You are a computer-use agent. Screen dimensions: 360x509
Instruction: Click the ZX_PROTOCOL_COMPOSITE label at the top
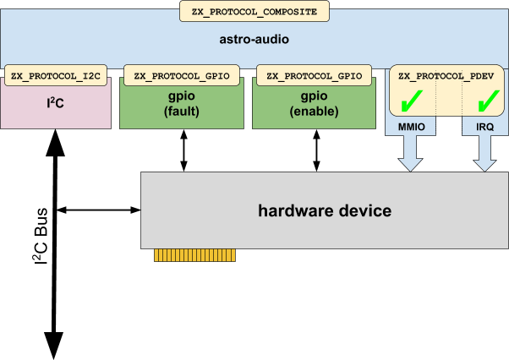(254, 12)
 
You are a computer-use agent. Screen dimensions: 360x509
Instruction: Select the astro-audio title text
(254, 40)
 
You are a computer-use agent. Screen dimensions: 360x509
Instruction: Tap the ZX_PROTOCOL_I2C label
(57, 75)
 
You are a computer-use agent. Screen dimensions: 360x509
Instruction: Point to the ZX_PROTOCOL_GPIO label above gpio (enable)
(314, 75)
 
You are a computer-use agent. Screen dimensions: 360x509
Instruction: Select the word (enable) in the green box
(314, 111)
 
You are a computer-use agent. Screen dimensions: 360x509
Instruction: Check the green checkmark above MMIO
(413, 101)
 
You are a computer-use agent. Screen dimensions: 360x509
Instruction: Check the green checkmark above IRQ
(485, 101)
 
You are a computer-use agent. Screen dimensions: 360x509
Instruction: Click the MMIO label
(412, 128)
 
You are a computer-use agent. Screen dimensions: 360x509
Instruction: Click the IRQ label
(485, 128)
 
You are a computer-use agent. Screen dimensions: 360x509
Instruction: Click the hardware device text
(325, 210)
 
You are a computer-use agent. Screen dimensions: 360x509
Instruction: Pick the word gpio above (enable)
(314, 95)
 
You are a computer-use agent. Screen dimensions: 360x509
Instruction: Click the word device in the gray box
(364, 210)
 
